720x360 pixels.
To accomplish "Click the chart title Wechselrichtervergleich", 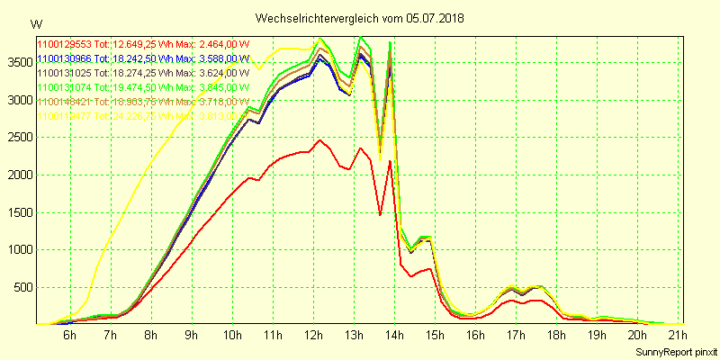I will pyautogui.click(x=328, y=18).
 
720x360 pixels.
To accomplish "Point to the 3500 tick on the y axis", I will pyautogui.click(x=18, y=62).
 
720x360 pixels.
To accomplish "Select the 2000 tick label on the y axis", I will pyautogui.click(x=18, y=175).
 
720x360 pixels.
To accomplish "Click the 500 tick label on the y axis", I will pyautogui.click(x=22, y=287).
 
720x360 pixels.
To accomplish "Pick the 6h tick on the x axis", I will pyautogui.click(x=69, y=336).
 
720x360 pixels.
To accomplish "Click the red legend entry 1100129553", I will pyautogui.click(x=64, y=44).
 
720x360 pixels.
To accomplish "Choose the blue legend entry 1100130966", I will pyautogui.click(x=64, y=58).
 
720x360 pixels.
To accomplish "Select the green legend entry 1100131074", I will pyautogui.click(x=64, y=87).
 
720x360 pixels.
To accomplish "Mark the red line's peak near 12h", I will pyautogui.click(x=319, y=139).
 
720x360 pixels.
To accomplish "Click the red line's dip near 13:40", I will pyautogui.click(x=381, y=215).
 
